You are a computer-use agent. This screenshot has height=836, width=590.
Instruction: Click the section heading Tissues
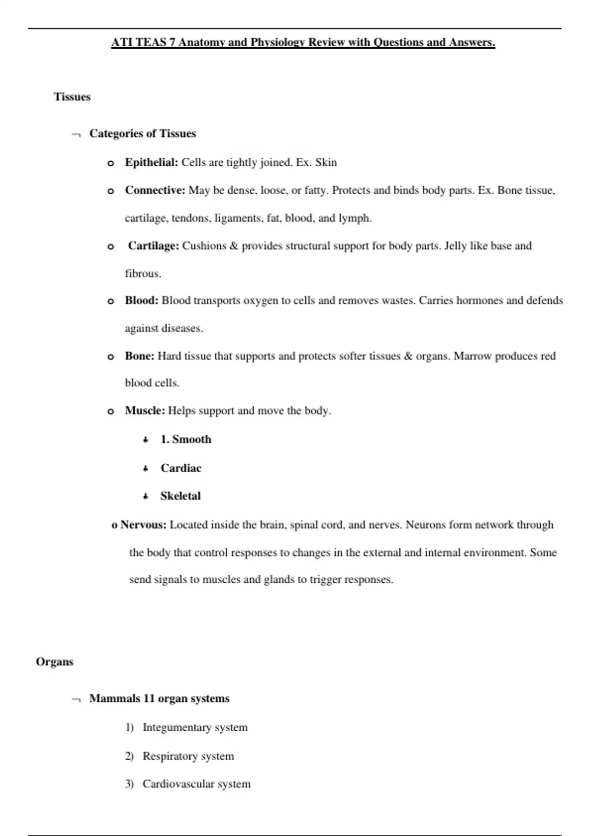[72, 97]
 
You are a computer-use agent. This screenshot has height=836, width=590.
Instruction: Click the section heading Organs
[55, 662]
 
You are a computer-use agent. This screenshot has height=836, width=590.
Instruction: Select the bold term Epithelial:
[151, 163]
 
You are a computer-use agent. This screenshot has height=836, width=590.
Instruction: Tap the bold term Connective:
[155, 190]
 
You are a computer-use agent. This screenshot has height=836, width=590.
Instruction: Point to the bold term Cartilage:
[153, 246]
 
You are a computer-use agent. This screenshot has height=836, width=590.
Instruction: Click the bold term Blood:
[142, 300]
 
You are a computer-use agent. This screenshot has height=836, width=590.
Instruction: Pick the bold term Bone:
[140, 356]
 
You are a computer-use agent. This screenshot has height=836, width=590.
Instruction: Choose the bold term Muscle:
[145, 411]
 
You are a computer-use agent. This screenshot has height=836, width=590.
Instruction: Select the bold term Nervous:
[144, 525]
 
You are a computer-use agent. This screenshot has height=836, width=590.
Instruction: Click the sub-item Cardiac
[181, 468]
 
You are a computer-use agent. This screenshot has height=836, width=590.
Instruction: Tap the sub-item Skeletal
[180, 496]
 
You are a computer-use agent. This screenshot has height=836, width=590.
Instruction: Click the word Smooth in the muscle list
[192, 440]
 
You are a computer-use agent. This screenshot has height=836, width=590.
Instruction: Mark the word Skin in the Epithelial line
[326, 163]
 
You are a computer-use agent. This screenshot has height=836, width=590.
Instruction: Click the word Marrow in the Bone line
[472, 356]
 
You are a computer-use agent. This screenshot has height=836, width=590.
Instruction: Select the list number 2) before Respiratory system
[129, 756]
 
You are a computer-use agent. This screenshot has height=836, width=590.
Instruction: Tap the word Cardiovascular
[178, 784]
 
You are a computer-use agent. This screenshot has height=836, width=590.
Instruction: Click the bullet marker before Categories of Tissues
[76, 134]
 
